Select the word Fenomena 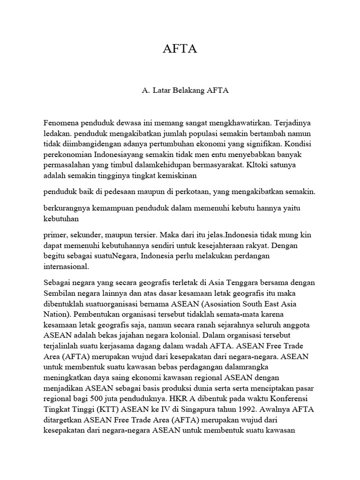pyautogui.click(x=60, y=123)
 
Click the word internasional pyautogui.click(x=66, y=266)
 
